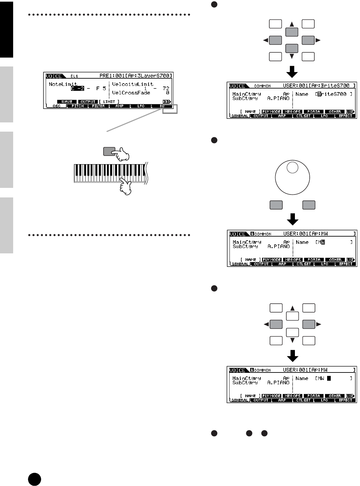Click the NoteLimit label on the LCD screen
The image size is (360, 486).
63,84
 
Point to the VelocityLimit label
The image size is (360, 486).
133,84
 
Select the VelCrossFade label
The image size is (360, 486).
131,93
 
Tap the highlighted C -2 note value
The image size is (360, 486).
78,89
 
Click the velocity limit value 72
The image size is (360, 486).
166,89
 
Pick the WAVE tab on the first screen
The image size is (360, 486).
67,102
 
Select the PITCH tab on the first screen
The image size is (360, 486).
78,106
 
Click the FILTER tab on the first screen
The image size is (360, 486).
98,106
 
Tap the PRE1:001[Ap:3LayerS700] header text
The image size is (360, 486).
135,76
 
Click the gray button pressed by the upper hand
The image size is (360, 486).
109,151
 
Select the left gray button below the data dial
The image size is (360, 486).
276,205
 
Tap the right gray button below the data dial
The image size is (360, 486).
309,205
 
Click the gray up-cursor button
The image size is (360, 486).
292,32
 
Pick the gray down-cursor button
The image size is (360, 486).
292,48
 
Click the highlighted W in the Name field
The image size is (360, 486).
323,242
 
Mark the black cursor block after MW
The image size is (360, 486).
329,378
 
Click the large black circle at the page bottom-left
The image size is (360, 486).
35,479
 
